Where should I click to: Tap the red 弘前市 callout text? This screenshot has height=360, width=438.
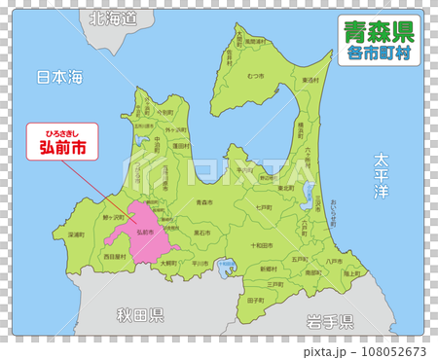[60, 148]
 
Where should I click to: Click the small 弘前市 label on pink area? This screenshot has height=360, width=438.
[145, 233]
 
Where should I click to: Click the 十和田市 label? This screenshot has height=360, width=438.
[262, 245]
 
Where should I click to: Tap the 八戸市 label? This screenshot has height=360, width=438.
[336, 261]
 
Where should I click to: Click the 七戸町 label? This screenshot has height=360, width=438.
[263, 208]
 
